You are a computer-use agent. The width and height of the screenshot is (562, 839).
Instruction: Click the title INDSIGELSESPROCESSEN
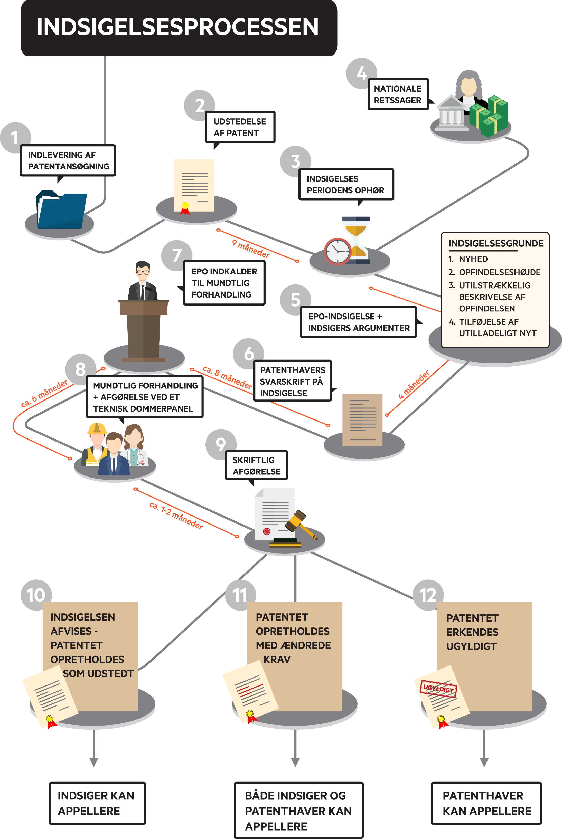[178, 27]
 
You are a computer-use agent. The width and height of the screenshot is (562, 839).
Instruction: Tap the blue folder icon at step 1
[62, 211]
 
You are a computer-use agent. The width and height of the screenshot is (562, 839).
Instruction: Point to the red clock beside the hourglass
[337, 251]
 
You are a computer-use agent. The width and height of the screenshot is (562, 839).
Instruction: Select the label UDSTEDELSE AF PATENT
[240, 127]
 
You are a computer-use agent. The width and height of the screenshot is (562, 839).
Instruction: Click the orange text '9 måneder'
[250, 248]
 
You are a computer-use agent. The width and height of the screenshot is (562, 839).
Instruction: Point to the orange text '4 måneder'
[414, 385]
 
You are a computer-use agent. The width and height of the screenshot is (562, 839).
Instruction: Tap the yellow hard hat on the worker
[97, 428]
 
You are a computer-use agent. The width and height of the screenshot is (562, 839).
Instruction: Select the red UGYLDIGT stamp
[438, 689]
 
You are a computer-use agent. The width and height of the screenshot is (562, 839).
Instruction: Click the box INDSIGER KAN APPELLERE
[97, 803]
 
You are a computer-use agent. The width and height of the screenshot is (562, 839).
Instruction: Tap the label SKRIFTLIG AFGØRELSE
[256, 465]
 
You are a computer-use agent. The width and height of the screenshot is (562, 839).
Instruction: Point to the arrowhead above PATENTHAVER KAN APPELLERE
[484, 762]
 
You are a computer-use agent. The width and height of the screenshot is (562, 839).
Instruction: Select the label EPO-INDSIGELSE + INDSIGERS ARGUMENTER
[358, 322]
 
